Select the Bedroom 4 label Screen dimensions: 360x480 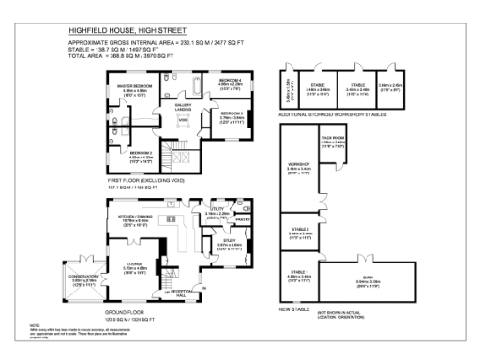click(232, 82)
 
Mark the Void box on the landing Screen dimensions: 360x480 click(183, 120)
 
